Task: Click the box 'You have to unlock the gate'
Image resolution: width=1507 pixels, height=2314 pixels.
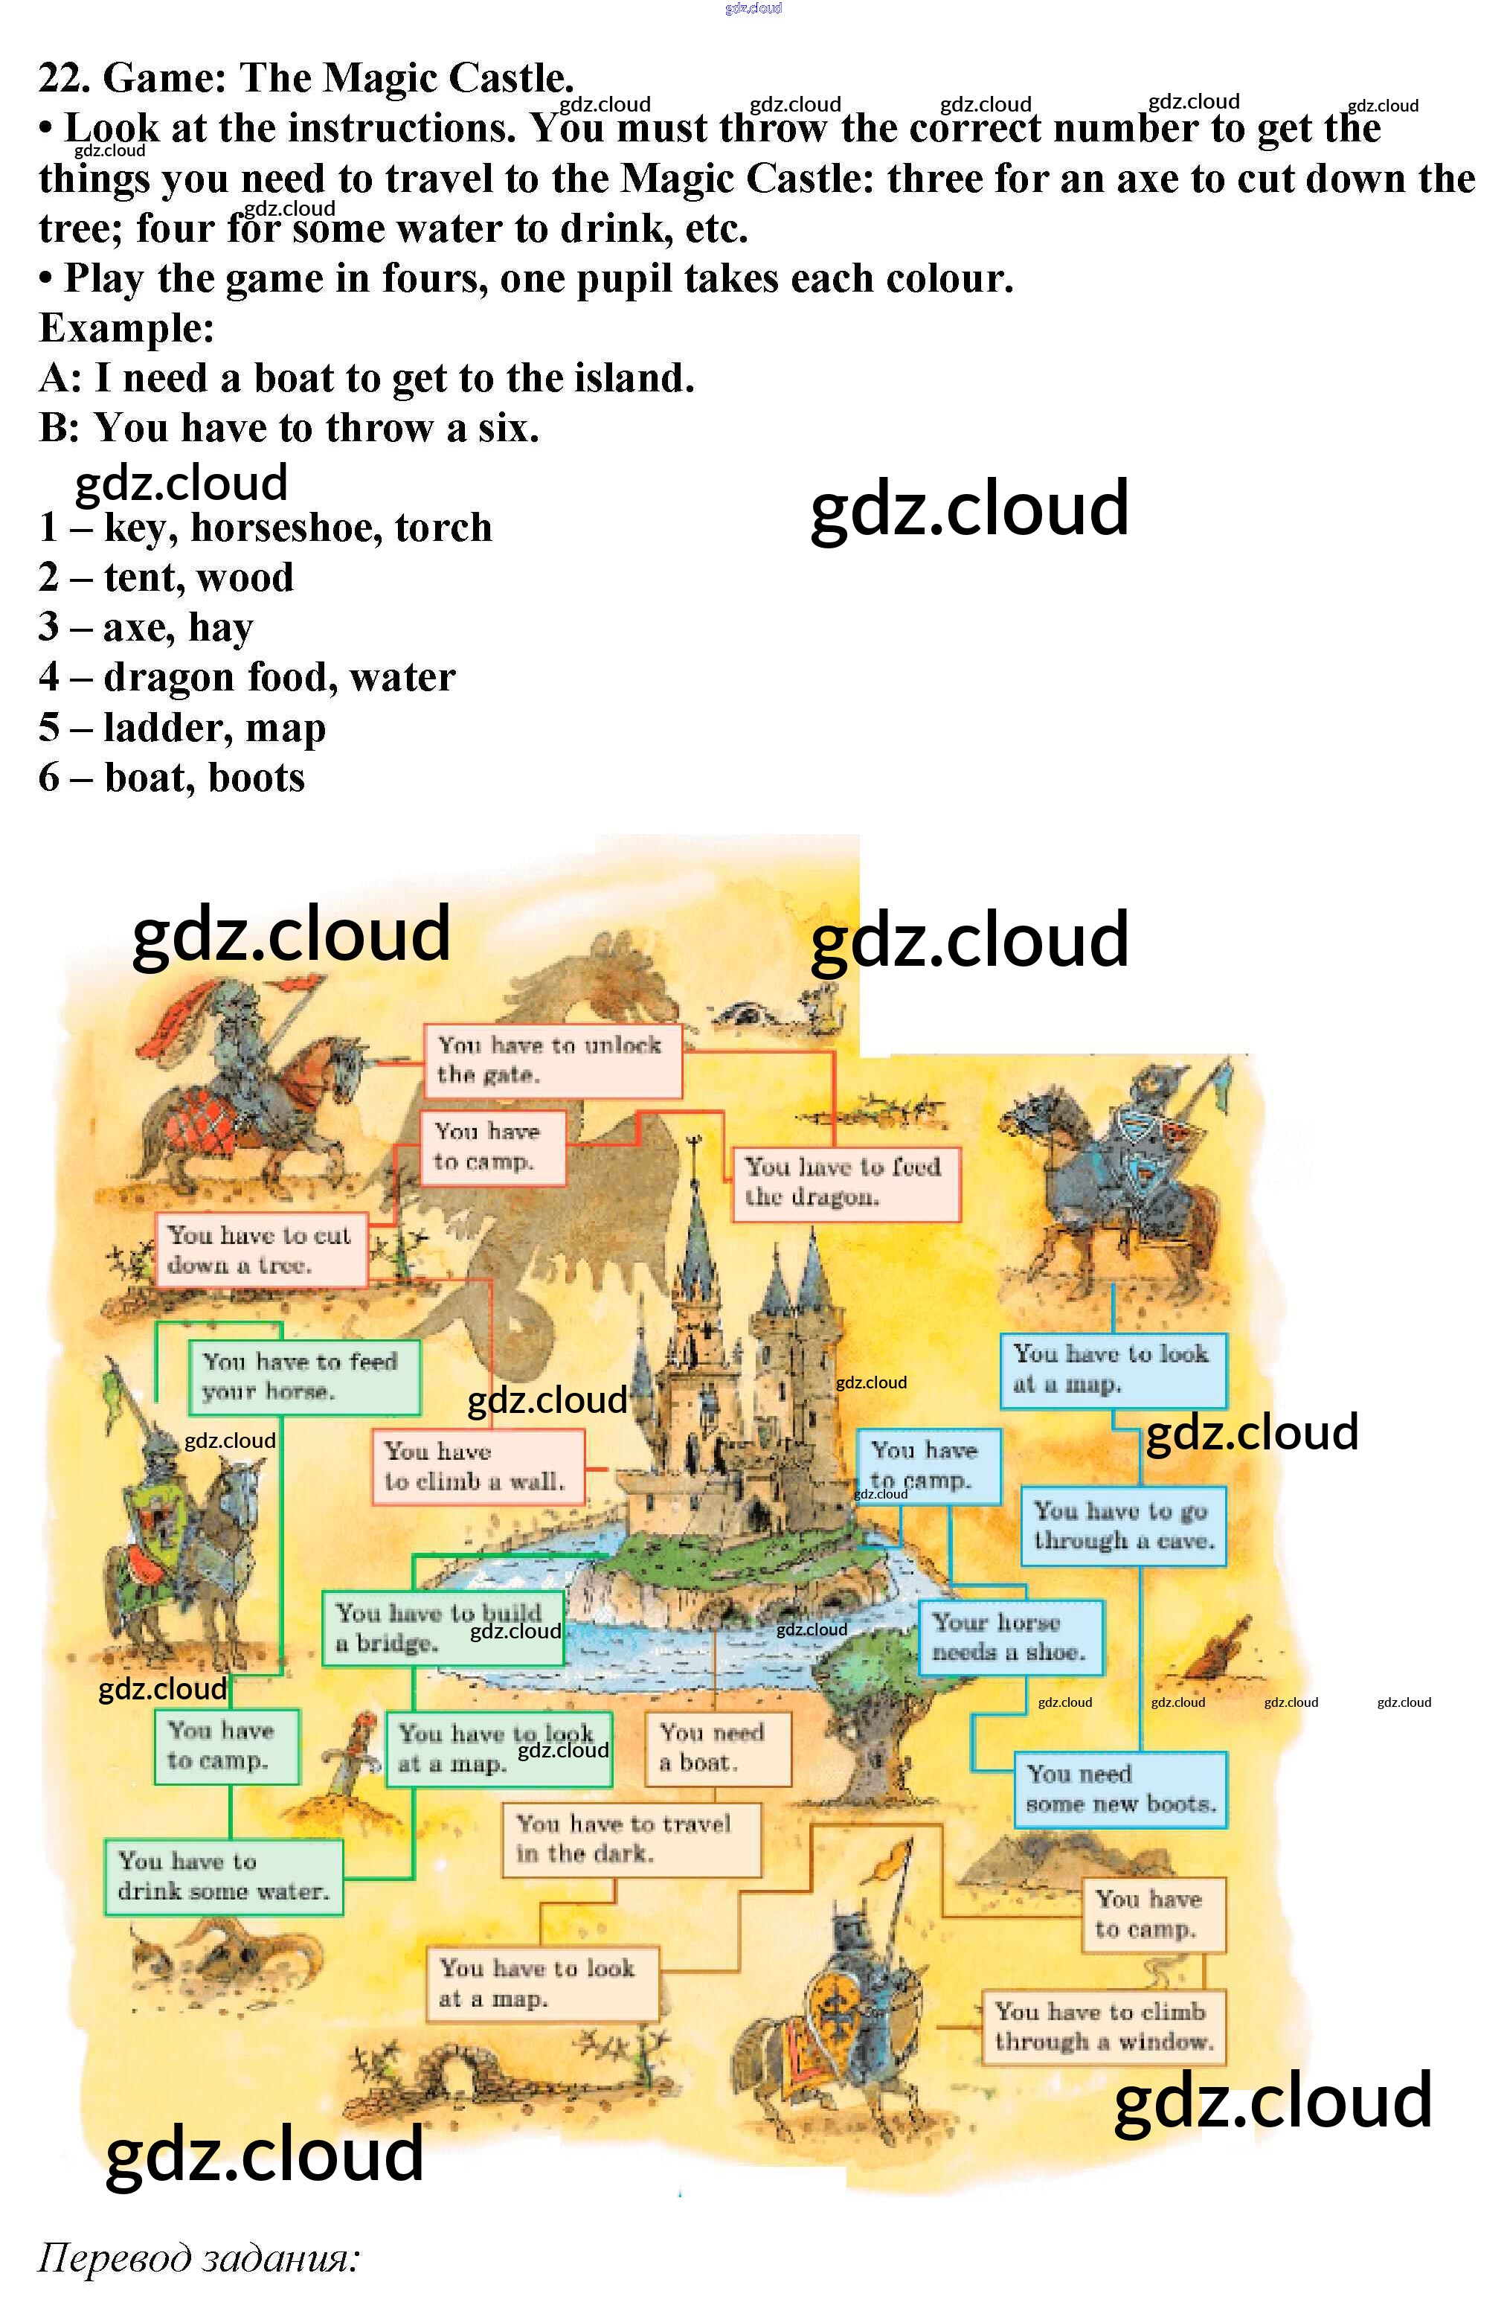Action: (x=552, y=1060)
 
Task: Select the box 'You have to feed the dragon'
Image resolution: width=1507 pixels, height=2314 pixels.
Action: (x=844, y=1182)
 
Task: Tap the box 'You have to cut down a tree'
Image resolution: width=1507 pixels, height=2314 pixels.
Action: (x=260, y=1250)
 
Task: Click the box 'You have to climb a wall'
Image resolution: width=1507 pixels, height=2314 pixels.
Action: (x=478, y=1467)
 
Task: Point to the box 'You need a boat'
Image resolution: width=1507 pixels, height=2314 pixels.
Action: (x=718, y=1748)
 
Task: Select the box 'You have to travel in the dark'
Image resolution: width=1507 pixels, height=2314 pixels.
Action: (x=630, y=1839)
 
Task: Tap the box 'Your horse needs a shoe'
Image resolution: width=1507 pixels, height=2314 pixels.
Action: (x=1010, y=1638)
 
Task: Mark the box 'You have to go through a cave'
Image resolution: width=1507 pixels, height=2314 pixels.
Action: (x=1123, y=1525)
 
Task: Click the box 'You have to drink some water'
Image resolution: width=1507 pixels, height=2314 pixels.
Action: (x=224, y=1876)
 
